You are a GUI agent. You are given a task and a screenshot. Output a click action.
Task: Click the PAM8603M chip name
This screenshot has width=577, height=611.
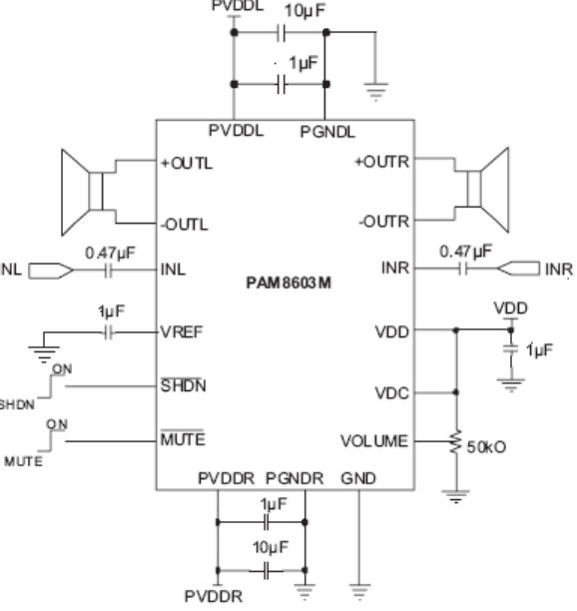(x=288, y=283)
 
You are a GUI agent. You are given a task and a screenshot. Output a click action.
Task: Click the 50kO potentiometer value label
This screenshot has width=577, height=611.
(x=486, y=447)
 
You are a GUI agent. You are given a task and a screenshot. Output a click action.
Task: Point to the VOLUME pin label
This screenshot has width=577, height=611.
(x=374, y=441)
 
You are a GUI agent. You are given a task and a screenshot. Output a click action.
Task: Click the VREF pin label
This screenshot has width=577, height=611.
(x=182, y=332)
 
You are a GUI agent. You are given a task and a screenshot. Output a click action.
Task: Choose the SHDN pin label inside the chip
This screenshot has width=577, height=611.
(x=183, y=385)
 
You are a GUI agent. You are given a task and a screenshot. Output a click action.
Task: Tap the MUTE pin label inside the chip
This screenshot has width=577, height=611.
(x=183, y=439)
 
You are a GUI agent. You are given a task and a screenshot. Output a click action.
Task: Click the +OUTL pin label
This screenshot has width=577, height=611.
(x=187, y=164)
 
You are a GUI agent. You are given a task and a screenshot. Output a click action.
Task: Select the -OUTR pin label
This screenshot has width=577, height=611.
(x=384, y=222)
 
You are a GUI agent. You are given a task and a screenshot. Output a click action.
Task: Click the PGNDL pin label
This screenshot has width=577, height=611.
(x=327, y=132)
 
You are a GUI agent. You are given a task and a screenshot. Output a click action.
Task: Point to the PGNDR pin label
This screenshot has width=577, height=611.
(x=294, y=478)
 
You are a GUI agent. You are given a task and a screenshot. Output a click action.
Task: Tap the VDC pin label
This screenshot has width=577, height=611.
(x=392, y=393)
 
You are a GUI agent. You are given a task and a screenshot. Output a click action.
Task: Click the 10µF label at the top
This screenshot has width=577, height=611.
(x=304, y=11)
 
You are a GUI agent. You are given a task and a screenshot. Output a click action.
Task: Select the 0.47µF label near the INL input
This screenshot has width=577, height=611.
(x=110, y=253)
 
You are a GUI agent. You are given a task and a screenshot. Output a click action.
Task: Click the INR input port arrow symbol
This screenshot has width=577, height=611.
(x=518, y=269)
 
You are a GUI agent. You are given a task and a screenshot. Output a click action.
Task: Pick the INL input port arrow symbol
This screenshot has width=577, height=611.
(x=51, y=271)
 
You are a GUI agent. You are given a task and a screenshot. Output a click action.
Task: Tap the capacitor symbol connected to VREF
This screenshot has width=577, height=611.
(x=109, y=332)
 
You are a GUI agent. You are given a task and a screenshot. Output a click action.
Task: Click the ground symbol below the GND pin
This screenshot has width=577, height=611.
(x=359, y=591)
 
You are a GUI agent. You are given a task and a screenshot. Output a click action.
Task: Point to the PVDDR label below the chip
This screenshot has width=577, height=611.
(x=214, y=596)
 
